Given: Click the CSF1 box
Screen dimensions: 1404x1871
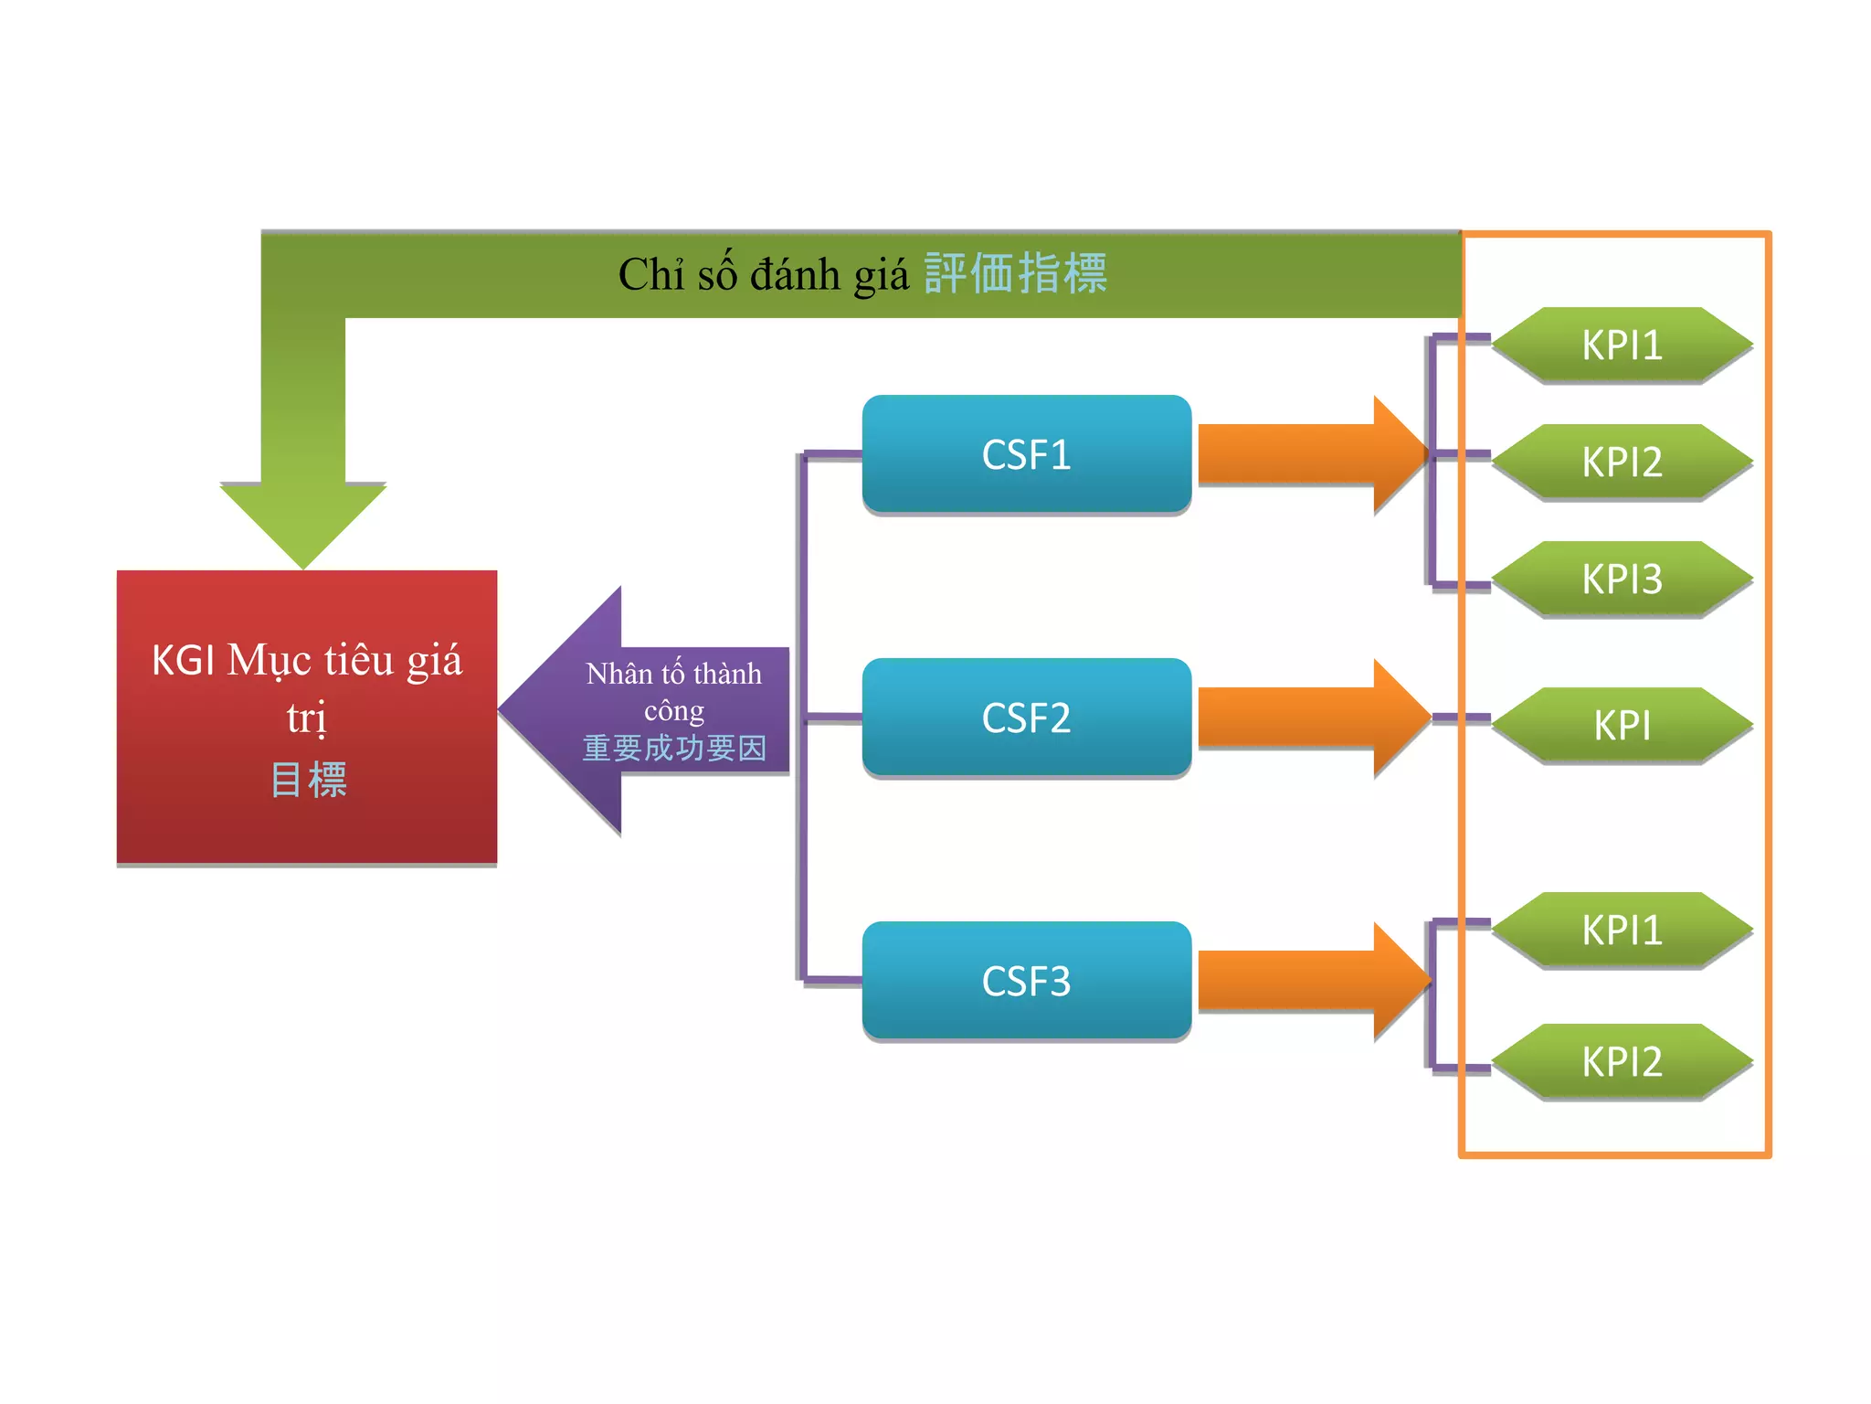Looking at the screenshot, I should coord(1026,454).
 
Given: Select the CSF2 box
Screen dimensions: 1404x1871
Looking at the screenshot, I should coord(1026,718).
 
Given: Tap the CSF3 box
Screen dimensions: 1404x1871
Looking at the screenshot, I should coord(1026,981).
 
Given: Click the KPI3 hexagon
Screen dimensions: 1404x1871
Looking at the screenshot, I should coord(1622,579).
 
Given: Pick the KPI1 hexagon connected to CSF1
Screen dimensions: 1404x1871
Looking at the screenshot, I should coord(1622,345).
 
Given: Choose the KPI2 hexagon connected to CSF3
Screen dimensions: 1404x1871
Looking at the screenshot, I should coord(1622,1061).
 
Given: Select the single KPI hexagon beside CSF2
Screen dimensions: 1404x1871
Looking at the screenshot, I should coord(1622,725).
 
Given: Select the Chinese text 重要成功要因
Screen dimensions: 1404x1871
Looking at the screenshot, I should coord(674,748).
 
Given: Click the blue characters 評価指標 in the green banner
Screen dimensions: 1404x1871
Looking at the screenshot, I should coord(1015,273).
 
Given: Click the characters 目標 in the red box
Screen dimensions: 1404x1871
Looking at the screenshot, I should coord(309,780).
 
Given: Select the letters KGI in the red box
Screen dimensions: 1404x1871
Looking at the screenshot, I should coord(183,660).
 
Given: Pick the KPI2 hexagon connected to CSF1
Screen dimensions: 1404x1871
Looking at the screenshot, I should coord(1622,462).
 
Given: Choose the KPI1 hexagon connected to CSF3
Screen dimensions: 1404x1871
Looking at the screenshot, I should coord(1622,930).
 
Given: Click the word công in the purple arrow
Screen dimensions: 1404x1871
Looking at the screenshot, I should coord(674,710).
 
